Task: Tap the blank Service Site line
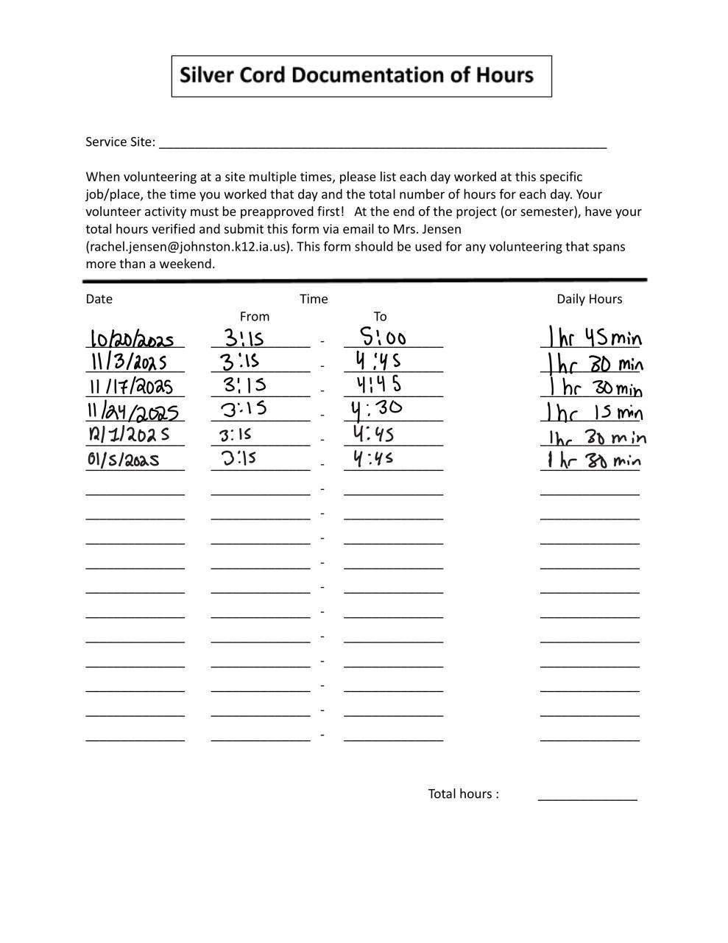pyautogui.click(x=382, y=143)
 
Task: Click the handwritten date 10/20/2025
pyautogui.click(x=132, y=339)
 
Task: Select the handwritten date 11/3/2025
pyautogui.click(x=128, y=362)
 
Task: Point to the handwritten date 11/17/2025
pyautogui.click(x=131, y=387)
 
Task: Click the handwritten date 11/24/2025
pyautogui.click(x=134, y=411)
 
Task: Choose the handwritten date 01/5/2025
pyautogui.click(x=124, y=460)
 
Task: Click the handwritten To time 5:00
pyautogui.click(x=384, y=337)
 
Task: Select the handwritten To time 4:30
pyautogui.click(x=377, y=409)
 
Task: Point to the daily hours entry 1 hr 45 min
pyautogui.click(x=594, y=338)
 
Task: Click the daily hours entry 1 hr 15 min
pyautogui.click(x=593, y=411)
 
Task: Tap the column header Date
pyautogui.click(x=99, y=299)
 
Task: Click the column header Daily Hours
pyautogui.click(x=589, y=299)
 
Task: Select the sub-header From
pyautogui.click(x=255, y=317)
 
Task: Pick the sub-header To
pyautogui.click(x=380, y=317)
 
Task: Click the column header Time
pyautogui.click(x=314, y=299)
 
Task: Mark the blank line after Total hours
pyautogui.click(x=587, y=796)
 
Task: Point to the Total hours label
pyautogui.click(x=463, y=794)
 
